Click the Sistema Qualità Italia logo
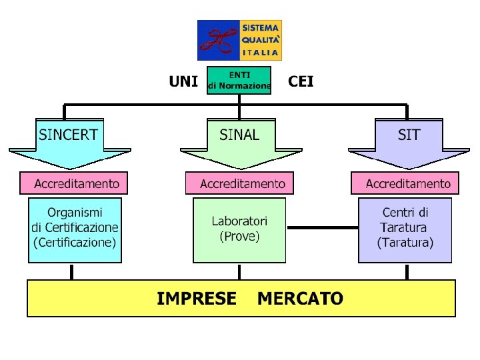pos(239,40)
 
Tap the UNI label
pos(183,82)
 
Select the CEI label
pos(301,82)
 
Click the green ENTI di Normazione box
pos(239,80)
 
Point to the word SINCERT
pos(68,135)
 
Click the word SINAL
pos(239,135)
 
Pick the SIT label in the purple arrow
pos(409,135)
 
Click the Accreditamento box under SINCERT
pos(73,183)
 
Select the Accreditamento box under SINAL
pos(239,183)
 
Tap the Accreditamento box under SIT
pos(405,183)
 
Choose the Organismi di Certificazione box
pos(75,229)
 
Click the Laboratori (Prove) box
pos(239,229)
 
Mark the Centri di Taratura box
pos(405,229)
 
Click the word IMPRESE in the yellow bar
pos(197,298)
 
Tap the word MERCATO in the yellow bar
pos(300,298)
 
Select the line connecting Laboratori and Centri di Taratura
pos(322,227)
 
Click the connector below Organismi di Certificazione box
pos(72,271)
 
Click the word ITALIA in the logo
pos(261,52)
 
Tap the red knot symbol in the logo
pos(219,40)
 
